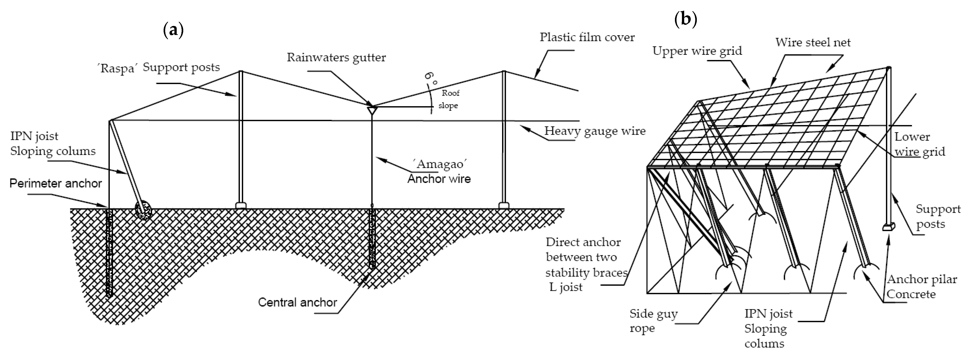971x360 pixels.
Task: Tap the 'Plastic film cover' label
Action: (x=587, y=37)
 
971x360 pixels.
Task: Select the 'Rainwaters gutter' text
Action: (x=336, y=58)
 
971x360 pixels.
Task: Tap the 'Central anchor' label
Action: (x=297, y=302)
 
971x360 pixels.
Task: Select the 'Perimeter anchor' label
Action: (x=56, y=184)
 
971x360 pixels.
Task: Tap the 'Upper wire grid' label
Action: (x=697, y=51)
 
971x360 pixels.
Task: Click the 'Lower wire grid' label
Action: (x=919, y=144)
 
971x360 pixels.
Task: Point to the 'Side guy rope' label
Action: (x=653, y=321)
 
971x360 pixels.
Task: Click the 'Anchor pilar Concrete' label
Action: (x=921, y=286)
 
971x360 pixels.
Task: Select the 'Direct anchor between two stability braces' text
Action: (x=586, y=257)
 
